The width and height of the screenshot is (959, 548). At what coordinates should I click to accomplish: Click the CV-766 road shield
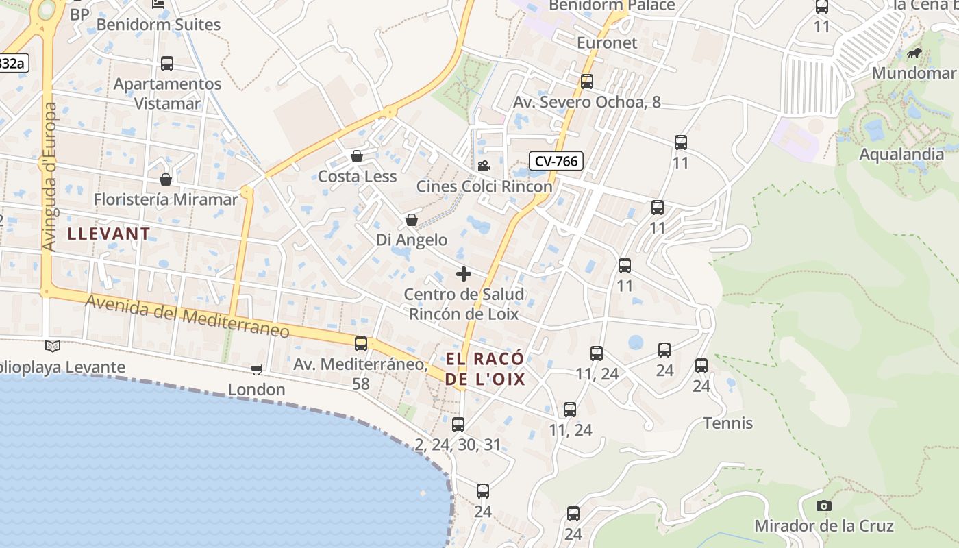click(556, 162)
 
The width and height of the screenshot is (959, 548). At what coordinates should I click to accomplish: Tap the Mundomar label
click(914, 73)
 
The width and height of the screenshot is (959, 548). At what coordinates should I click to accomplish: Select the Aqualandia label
click(901, 154)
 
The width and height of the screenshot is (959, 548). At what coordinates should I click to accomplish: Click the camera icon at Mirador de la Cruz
click(824, 506)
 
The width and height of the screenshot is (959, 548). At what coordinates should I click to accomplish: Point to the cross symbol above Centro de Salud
click(464, 274)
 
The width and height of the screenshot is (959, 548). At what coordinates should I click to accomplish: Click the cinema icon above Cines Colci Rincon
click(484, 166)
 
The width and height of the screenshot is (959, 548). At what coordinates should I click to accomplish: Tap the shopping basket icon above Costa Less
click(357, 156)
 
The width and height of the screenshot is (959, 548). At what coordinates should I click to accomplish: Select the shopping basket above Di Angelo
click(412, 220)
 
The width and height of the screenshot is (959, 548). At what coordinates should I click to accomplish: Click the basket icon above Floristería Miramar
click(166, 179)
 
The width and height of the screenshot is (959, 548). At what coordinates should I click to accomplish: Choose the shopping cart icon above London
click(257, 370)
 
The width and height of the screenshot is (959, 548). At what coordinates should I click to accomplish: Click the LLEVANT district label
click(109, 234)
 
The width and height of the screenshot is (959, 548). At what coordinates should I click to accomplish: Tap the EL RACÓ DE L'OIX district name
click(485, 369)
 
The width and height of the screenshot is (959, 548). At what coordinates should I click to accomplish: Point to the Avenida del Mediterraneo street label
click(188, 316)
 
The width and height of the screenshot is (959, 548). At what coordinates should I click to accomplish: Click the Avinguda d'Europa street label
click(50, 176)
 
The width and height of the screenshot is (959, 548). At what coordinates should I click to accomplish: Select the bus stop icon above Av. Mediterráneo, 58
click(361, 344)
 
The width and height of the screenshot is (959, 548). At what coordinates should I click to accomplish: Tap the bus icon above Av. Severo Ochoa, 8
click(587, 82)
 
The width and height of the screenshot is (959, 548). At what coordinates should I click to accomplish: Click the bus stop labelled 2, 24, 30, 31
click(458, 425)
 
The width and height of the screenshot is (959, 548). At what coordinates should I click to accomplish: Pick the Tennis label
click(728, 423)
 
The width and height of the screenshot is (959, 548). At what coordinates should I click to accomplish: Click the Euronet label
click(607, 42)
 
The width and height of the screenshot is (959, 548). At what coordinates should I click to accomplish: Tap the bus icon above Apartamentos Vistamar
click(167, 64)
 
